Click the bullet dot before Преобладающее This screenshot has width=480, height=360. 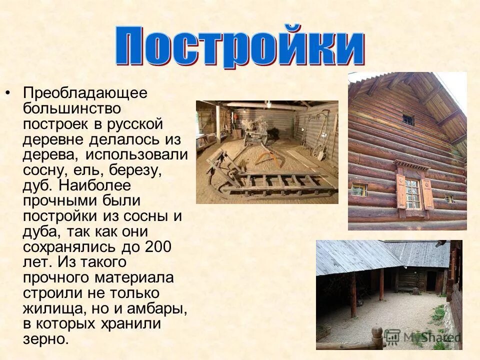(8, 93)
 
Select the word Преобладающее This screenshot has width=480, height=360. (85, 93)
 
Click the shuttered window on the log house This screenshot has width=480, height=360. (413, 192)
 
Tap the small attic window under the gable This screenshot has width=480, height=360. (408, 119)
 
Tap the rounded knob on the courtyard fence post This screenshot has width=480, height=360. (377, 333)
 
